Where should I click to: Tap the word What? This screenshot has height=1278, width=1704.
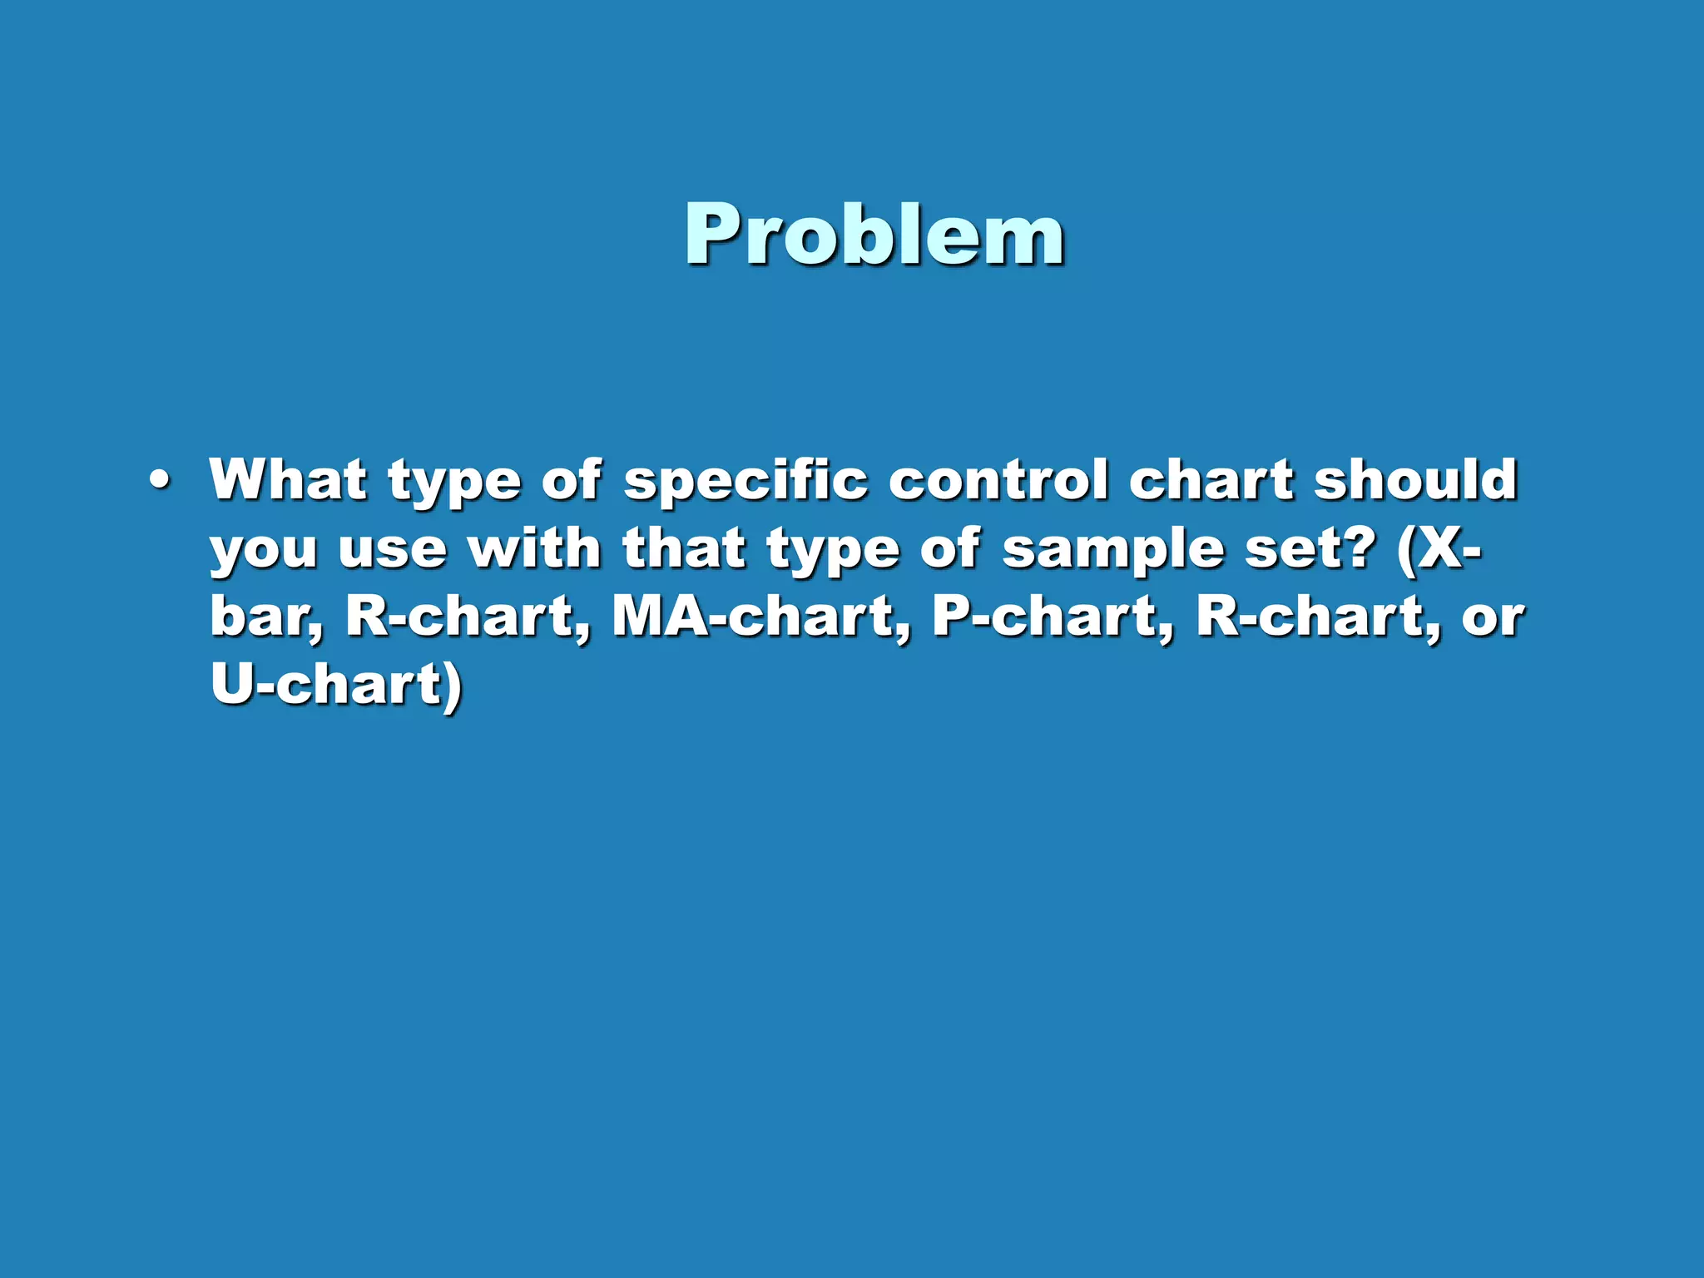coord(288,480)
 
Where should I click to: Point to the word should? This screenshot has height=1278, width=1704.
coord(1415,480)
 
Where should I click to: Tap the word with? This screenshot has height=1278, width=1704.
coord(534,549)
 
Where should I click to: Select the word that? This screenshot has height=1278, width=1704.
coord(683,549)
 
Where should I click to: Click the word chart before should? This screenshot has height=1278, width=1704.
coord(1211,480)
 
